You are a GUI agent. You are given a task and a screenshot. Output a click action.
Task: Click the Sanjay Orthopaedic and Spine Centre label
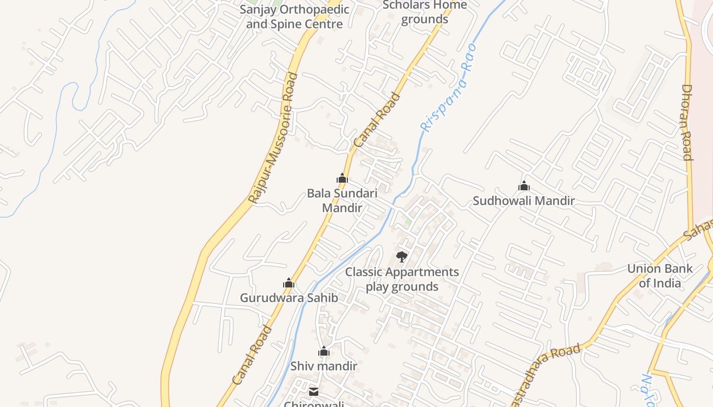294,16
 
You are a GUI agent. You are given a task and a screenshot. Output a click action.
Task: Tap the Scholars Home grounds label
424,12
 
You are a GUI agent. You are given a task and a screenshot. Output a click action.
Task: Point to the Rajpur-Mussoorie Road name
273,138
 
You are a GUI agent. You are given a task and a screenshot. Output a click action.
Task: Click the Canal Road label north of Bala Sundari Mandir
377,120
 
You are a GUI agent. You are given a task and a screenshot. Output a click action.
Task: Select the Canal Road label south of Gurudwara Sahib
252,355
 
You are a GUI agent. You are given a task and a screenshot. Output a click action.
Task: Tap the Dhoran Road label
687,122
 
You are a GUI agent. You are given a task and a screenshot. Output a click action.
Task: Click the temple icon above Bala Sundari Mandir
342,178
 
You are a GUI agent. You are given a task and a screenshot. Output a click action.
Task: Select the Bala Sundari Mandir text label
342,200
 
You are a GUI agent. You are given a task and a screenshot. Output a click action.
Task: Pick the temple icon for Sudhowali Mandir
524,186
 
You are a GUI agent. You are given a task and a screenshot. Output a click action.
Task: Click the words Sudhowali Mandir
524,201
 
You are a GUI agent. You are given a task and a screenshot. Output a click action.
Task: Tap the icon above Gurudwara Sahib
289,283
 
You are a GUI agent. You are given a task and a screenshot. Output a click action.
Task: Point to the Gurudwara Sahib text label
289,298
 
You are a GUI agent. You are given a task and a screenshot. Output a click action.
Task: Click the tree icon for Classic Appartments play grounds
402,257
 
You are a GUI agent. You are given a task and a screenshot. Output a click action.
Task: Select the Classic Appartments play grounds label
402,279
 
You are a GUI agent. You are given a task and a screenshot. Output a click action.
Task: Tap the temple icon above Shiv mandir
324,351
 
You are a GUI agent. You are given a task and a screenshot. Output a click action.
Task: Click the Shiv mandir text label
324,366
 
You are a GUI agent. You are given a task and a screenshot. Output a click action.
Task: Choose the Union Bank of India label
660,276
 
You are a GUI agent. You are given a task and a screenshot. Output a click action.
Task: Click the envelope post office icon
314,392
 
